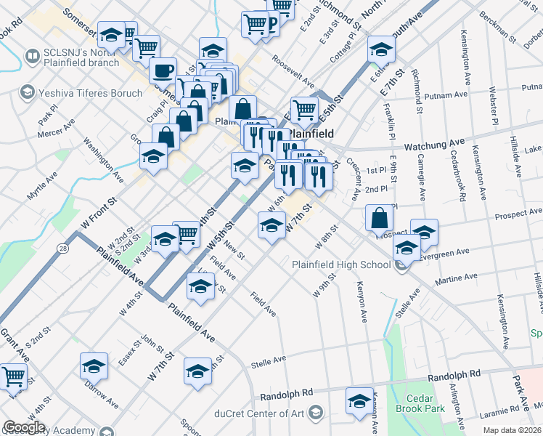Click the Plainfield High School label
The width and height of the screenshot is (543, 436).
(x=341, y=265)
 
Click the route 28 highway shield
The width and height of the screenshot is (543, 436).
(x=64, y=249)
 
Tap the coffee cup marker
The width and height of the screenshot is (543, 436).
(x=163, y=71)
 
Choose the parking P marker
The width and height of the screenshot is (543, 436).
(x=272, y=26)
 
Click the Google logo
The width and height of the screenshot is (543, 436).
(x=23, y=427)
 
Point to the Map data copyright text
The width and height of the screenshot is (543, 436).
(x=512, y=430)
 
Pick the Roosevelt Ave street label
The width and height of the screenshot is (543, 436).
(x=293, y=71)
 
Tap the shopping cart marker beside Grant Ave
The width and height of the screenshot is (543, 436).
(x=14, y=376)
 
